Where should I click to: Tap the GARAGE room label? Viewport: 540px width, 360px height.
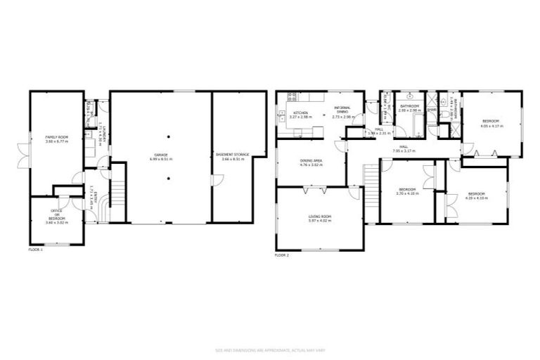tap(160, 157)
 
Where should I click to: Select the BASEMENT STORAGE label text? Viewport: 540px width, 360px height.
tap(236, 157)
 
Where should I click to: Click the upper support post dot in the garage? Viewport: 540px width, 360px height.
tap(169, 136)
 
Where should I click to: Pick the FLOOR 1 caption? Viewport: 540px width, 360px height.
tap(35, 250)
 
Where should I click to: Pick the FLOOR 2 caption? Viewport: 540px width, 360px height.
tap(282, 255)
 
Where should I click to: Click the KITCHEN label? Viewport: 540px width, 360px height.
tap(301, 115)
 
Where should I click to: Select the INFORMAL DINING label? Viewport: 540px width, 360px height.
tap(342, 112)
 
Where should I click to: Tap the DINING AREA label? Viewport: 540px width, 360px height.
tap(311, 164)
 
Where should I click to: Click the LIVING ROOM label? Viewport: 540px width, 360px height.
tap(320, 218)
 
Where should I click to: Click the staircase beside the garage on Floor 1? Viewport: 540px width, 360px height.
tap(118, 191)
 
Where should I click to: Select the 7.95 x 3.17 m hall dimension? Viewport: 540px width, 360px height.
tap(406, 150)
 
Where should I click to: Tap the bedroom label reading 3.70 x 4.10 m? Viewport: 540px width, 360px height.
tap(408, 191)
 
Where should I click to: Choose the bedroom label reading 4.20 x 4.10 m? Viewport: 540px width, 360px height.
tap(477, 195)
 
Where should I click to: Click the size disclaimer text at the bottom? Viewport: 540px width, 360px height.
tap(270, 350)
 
